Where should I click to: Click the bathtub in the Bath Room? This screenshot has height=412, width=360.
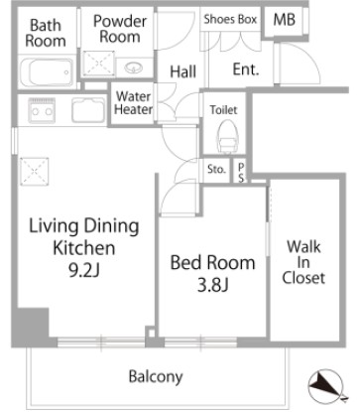[46, 72]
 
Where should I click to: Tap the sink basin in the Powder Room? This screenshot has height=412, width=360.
[133, 68]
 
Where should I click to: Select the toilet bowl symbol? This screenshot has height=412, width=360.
[226, 136]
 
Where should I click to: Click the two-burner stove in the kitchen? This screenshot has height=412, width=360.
[42, 110]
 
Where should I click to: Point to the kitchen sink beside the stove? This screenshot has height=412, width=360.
[88, 110]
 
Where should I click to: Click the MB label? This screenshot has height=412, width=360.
[284, 20]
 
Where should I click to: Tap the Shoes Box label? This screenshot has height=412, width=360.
[230, 19]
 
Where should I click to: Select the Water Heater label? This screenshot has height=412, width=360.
[133, 103]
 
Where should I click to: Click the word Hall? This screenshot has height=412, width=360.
[183, 71]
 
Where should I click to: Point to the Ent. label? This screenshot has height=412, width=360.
[246, 69]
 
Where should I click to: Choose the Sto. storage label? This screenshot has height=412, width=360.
[216, 170]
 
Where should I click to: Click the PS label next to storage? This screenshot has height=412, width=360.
[241, 173]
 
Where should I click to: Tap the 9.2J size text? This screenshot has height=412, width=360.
[84, 270]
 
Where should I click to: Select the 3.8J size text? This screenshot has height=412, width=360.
[213, 285]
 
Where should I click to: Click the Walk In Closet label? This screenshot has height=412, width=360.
[303, 262]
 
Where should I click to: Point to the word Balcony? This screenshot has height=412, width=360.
[156, 376]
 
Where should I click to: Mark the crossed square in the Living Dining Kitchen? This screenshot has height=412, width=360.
[35, 172]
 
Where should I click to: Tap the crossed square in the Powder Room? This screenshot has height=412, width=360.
[98, 64]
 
